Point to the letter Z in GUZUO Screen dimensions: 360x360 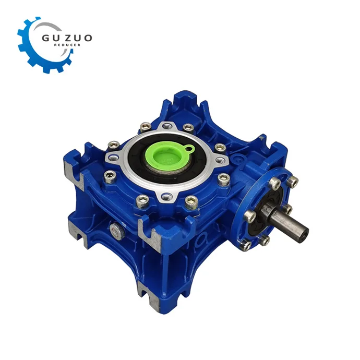tap(68, 38)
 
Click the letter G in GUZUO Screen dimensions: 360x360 tap(46, 38)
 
